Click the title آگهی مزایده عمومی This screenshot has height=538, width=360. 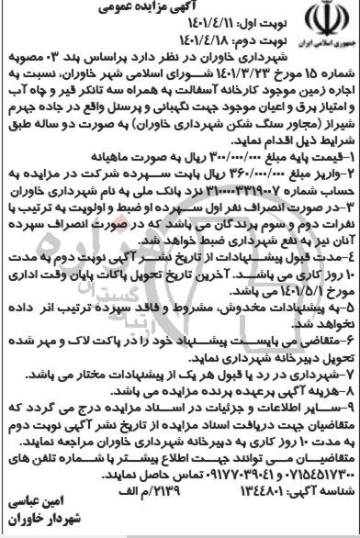[x=181, y=10]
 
